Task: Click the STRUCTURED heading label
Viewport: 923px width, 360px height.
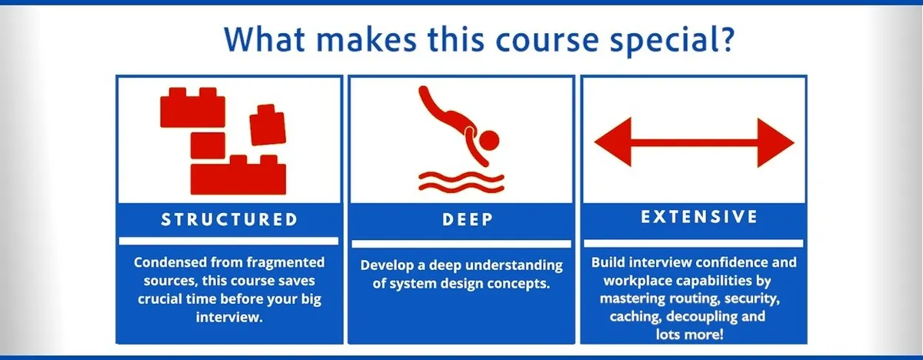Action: pyautogui.click(x=229, y=219)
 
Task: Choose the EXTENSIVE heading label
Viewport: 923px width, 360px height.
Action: pyautogui.click(x=694, y=217)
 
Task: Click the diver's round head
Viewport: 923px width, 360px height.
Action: pyautogui.click(x=488, y=139)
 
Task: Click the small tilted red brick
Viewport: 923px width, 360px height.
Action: pyautogui.click(x=267, y=123)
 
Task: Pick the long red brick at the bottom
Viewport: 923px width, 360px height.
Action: pyautogui.click(x=238, y=175)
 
